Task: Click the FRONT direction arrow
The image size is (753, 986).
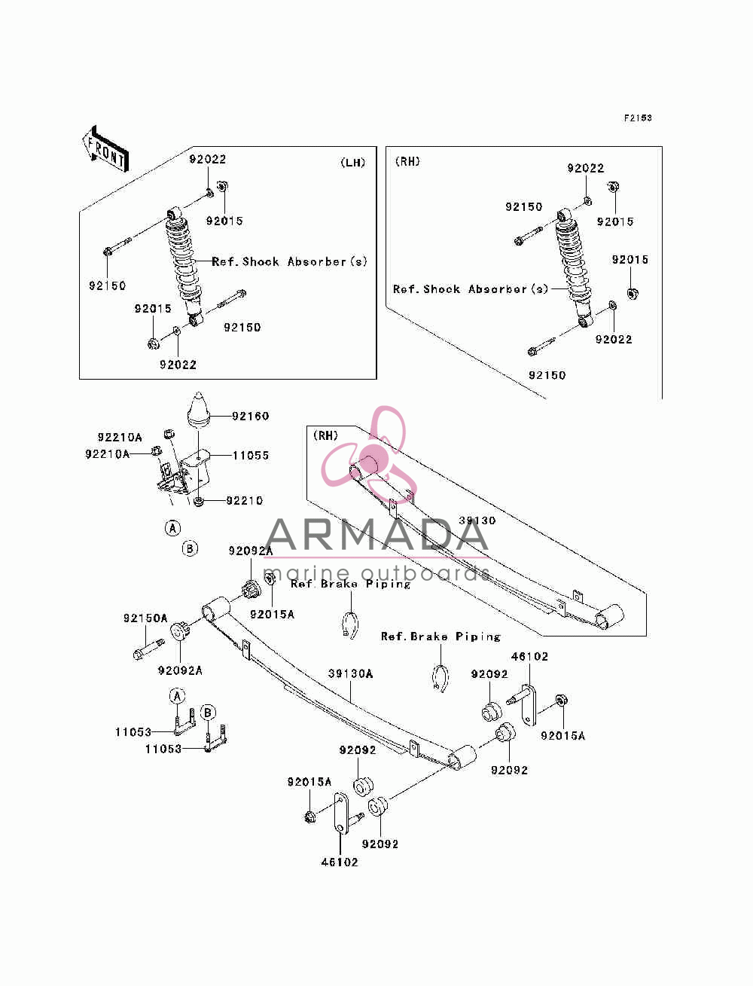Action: pyautogui.click(x=105, y=148)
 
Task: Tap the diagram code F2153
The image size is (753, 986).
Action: pyautogui.click(x=638, y=118)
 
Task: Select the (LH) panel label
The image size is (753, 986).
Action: pyautogui.click(x=353, y=163)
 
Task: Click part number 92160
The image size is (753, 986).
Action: pyautogui.click(x=251, y=416)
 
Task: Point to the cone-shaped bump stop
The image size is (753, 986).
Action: pyautogui.click(x=199, y=410)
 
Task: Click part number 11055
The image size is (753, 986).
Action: pyautogui.click(x=251, y=455)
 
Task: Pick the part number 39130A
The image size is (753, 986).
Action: pyautogui.click(x=351, y=673)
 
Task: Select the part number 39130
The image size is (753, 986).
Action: pyautogui.click(x=477, y=520)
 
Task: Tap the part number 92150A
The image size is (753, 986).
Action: pyautogui.click(x=145, y=618)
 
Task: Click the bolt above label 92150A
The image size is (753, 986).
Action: pyautogui.click(x=149, y=649)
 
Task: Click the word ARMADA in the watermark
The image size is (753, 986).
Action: pyautogui.click(x=376, y=535)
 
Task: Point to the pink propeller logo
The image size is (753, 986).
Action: pyautogui.click(x=369, y=453)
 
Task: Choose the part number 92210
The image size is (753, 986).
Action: pyautogui.click(x=244, y=500)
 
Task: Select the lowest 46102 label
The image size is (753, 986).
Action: pyautogui.click(x=340, y=862)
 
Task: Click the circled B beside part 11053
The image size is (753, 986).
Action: pyautogui.click(x=207, y=713)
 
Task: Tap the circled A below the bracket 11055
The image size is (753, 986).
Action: pyautogui.click(x=173, y=528)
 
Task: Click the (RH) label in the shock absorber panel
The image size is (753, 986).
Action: pyautogui.click(x=407, y=161)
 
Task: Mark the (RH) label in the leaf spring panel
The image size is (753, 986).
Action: pyautogui.click(x=325, y=435)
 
